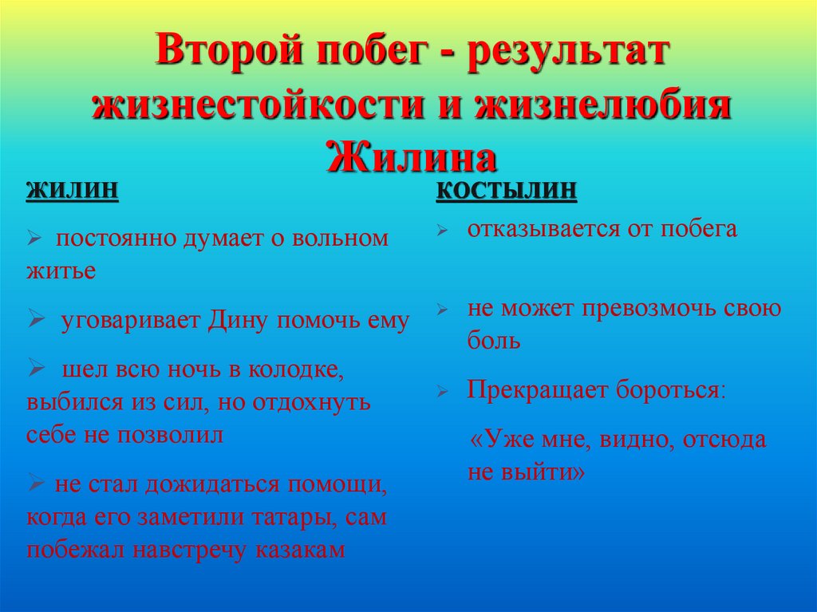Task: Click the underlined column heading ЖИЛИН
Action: click(x=73, y=191)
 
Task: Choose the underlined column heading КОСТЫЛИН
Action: click(x=506, y=191)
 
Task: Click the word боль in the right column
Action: click(x=494, y=342)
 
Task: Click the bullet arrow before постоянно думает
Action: click(x=34, y=239)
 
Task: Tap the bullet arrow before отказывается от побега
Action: click(x=444, y=231)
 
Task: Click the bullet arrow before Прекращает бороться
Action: click(x=444, y=392)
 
